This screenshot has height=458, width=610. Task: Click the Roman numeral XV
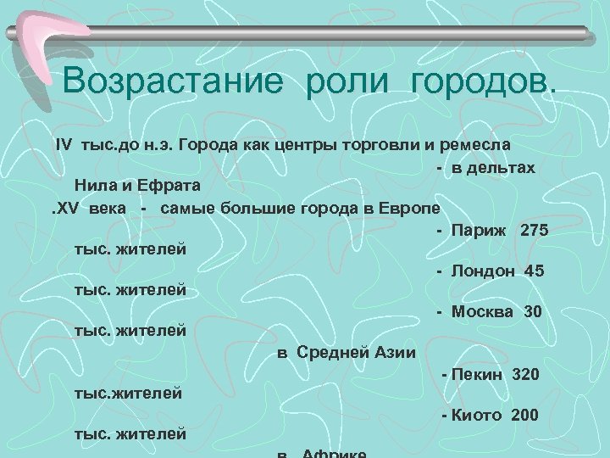tap(70, 209)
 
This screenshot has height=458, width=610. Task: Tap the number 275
tap(535, 230)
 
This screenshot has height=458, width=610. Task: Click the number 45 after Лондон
tap(535, 271)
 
